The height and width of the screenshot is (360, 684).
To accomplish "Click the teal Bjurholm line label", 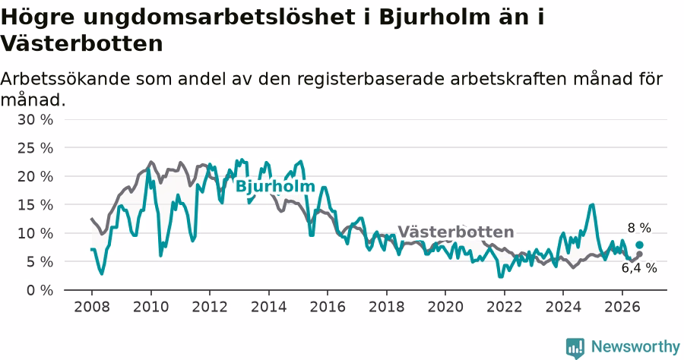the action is tap(275, 187).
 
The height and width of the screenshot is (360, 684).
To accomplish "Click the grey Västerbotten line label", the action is tap(456, 232).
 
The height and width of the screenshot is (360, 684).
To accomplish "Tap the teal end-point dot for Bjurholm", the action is tap(639, 245).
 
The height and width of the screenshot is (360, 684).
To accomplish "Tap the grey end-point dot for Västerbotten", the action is tap(639, 254).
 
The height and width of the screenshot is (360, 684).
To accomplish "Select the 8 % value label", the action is tap(639, 228).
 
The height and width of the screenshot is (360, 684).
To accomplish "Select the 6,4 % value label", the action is tap(639, 268).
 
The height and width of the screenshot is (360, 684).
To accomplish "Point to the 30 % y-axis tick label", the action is tap(35, 119).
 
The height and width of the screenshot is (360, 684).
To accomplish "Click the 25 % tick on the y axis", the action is tap(35, 148).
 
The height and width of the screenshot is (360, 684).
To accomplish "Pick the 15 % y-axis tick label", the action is tap(35, 205).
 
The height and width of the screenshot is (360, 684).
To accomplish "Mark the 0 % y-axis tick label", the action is tap(40, 290).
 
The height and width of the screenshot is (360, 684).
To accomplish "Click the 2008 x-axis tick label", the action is tap(92, 307).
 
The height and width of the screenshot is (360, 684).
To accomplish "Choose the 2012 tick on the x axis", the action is tap(210, 307).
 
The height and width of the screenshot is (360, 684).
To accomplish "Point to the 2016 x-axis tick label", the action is tap(328, 307).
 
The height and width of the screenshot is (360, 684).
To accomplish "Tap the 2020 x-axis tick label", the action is tap(445, 307).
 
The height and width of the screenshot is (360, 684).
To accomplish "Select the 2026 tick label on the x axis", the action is tap(622, 307).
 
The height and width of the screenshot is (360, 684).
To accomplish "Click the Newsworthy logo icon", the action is tap(575, 348).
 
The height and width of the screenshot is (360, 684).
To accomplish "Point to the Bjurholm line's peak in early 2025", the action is tap(592, 204).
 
